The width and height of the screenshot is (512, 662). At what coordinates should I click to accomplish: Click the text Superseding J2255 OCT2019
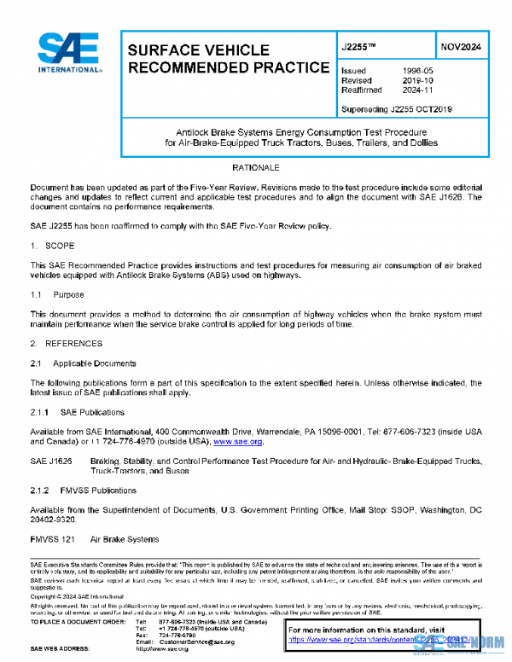(396, 108)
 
